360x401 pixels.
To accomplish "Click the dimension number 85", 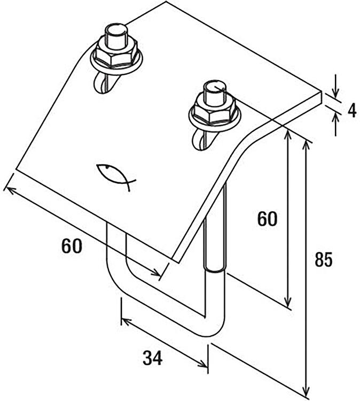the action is (324, 259).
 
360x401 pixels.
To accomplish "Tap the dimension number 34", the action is (153, 358).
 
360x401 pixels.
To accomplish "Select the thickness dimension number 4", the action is (353, 111).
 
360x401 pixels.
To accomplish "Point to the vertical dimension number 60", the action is (267, 219).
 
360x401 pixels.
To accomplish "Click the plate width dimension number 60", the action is (72, 246).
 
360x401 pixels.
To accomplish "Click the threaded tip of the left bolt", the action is (116, 36).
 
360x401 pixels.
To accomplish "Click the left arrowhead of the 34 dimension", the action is (126, 321).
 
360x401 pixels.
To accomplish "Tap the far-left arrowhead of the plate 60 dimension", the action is (10, 190).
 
